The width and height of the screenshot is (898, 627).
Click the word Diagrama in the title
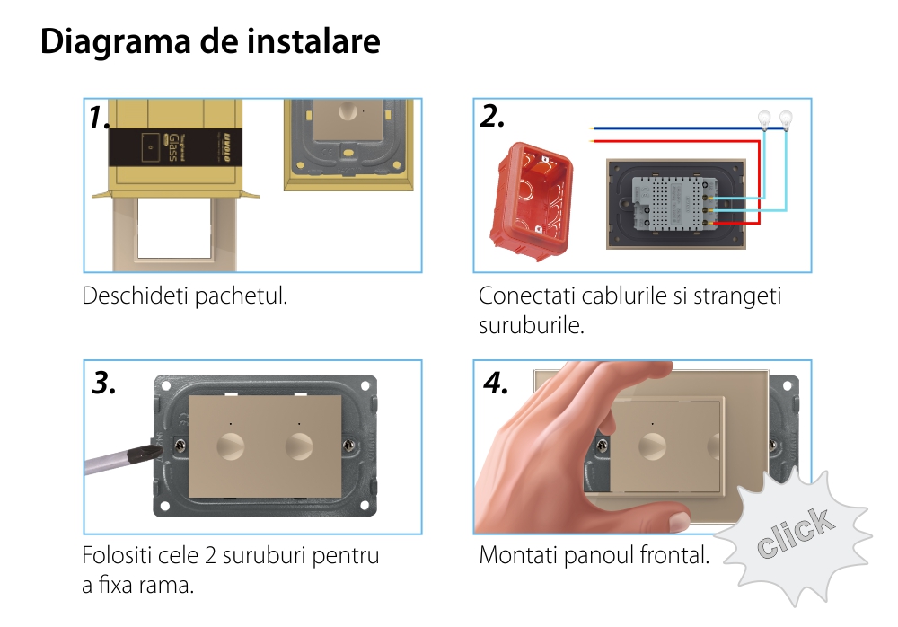pos(115,42)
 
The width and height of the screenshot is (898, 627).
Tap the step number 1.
pos(99,118)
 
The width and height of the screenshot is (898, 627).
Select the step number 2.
pos(492,116)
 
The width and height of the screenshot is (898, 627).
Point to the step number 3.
pos(103,383)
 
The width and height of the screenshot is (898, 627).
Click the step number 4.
pos(496,383)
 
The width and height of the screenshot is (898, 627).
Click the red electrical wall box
pos(531,200)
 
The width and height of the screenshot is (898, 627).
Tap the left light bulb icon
pos(764,119)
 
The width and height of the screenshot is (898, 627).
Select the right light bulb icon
pos(786,119)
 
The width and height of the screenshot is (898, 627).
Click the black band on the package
pos(175,147)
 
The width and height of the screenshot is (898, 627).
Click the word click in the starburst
pos(795,533)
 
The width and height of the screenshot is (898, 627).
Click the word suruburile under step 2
pos(531,325)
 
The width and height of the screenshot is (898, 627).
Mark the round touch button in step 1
pos(348,110)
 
